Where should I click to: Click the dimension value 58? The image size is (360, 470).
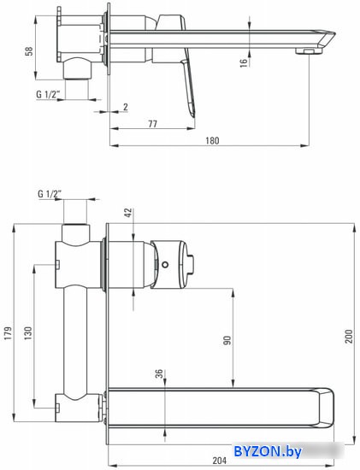click(29, 51)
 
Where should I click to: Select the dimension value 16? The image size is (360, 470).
click(245, 62)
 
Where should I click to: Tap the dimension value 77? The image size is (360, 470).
click(152, 124)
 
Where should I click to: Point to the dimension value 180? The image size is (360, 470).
click(212, 140)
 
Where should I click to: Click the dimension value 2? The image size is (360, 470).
click(126, 107)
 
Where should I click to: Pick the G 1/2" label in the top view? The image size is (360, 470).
click(47, 94)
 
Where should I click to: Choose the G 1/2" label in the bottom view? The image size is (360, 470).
click(50, 194)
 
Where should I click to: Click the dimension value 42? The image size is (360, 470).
click(128, 213)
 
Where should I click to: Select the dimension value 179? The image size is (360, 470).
click(8, 333)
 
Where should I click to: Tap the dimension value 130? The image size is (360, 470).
click(27, 333)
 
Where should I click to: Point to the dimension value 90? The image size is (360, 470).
click(227, 340)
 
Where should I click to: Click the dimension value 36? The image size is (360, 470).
click(159, 373)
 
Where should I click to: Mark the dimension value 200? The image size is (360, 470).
click(349, 337)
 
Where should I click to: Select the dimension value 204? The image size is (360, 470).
click(220, 461)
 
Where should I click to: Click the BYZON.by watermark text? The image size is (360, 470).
click(268, 451)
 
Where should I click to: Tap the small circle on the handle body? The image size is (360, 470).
click(165, 265)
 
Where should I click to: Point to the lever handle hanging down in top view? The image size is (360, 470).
click(189, 88)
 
